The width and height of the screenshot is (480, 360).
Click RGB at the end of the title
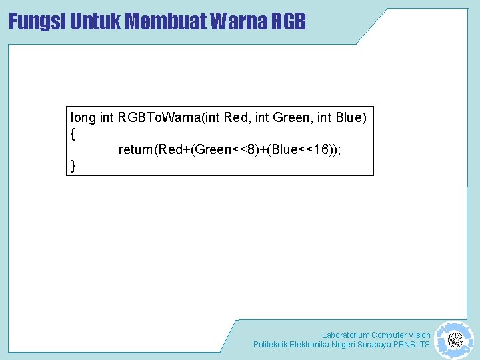click(289, 21)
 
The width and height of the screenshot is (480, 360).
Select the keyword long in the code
click(83, 118)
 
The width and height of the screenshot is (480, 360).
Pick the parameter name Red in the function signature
click(235, 118)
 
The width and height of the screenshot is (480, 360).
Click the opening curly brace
click(73, 134)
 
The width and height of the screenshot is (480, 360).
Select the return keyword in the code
click(135, 150)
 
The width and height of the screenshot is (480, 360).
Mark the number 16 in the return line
click(324, 150)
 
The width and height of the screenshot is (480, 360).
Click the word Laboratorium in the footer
click(345, 335)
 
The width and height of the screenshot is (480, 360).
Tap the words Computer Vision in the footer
click(401, 335)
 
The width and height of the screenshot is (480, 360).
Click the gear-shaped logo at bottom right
click(455, 340)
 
